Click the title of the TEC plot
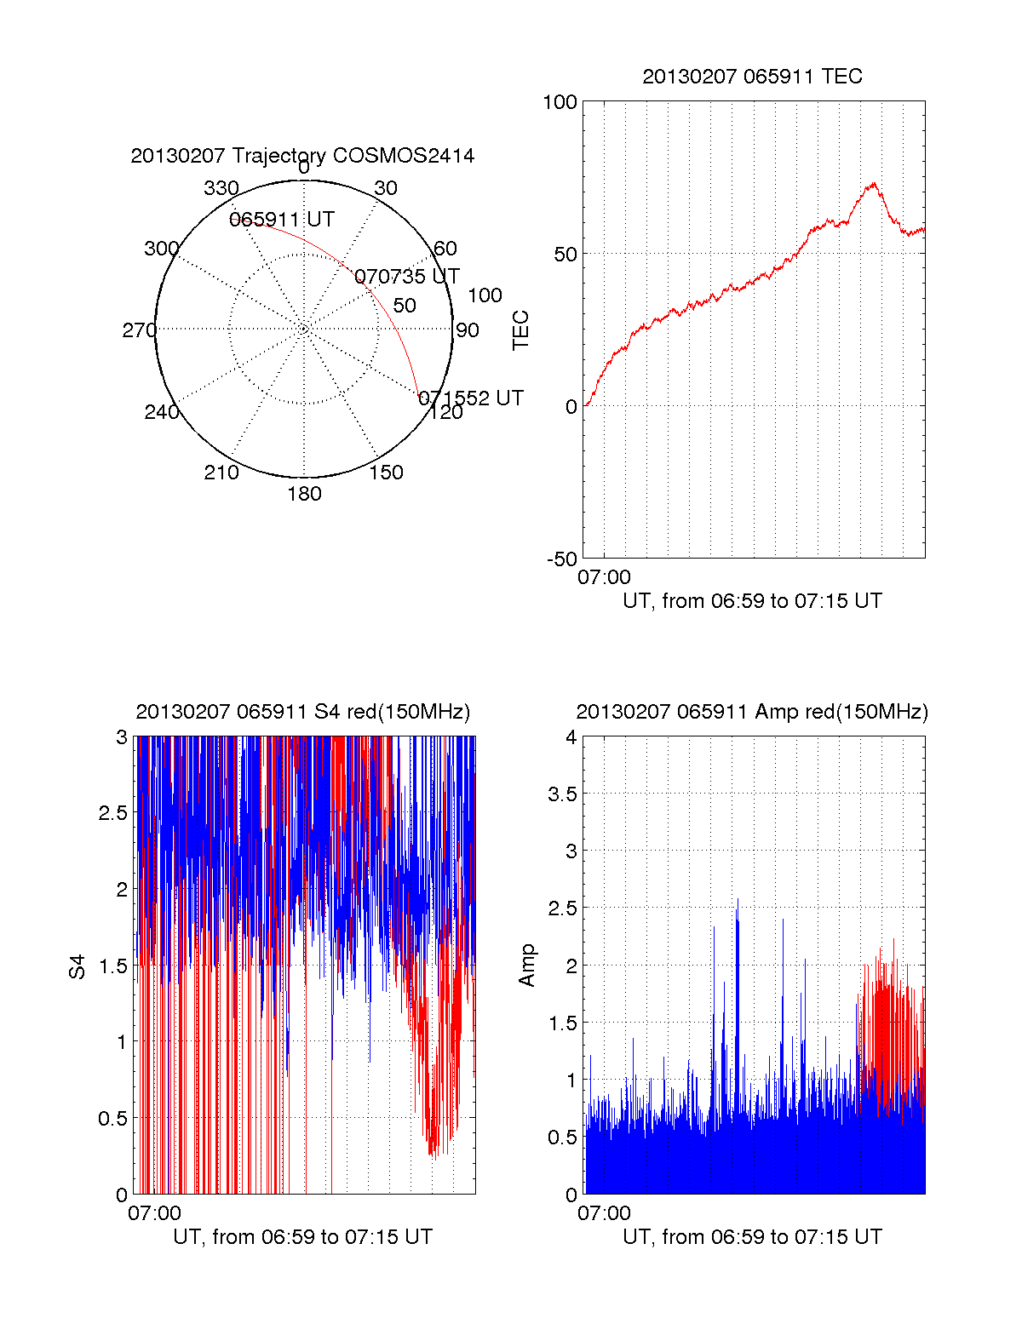click(752, 77)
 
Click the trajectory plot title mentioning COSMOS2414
click(302, 156)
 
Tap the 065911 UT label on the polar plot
click(282, 220)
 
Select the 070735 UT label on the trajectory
click(406, 277)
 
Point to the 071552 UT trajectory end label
click(471, 398)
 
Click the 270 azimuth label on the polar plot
click(139, 330)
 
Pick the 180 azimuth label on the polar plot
click(304, 494)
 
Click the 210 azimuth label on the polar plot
click(221, 473)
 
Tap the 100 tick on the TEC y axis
click(560, 102)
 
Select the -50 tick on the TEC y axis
click(562, 559)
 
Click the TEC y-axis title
click(520, 330)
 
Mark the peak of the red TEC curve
click(873, 183)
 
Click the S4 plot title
click(302, 712)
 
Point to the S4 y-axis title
click(78, 966)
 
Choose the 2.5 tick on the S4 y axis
click(112, 813)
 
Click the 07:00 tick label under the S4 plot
click(154, 1213)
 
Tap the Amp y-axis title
click(527, 966)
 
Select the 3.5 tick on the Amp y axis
click(561, 794)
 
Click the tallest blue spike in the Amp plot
click(738, 899)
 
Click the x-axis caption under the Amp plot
click(752, 1237)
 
